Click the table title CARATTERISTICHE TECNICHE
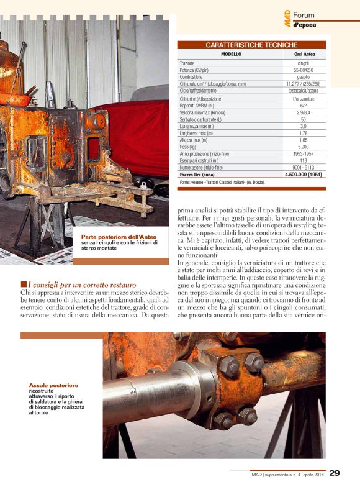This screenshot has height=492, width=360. [251, 45]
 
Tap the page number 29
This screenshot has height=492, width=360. [335, 473]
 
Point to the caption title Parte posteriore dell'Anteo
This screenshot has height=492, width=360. [118, 237]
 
